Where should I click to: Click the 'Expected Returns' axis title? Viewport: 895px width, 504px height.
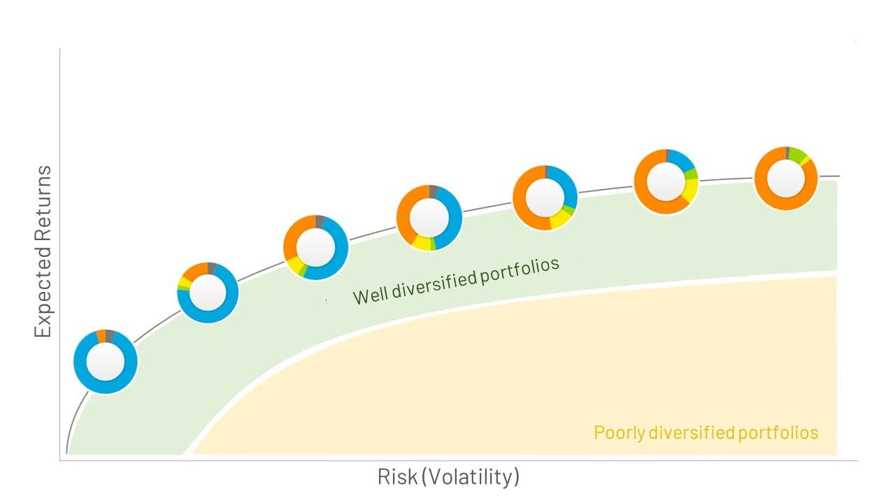(43, 251)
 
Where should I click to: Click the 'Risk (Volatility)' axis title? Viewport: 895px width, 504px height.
(448, 477)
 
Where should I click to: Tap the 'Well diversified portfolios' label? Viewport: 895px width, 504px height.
(456, 281)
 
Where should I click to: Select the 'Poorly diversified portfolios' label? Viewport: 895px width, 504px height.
(706, 433)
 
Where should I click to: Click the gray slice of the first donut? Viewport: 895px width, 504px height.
(110, 336)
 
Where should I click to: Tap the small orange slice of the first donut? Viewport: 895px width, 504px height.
(101, 337)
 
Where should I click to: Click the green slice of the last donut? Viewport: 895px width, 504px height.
(797, 155)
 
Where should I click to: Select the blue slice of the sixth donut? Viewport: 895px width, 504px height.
(681, 160)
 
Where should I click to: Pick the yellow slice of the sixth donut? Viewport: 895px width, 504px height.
(690, 190)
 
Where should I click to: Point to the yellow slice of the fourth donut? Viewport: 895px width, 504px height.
(421, 243)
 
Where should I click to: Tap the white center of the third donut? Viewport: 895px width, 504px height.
(315, 248)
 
